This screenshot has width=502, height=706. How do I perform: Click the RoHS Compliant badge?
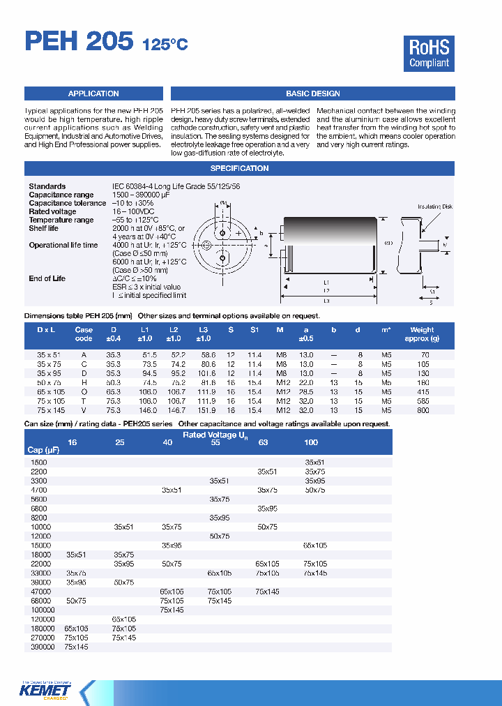point(429,54)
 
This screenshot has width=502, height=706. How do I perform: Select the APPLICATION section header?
point(93,93)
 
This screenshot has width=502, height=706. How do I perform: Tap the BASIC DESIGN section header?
point(312,93)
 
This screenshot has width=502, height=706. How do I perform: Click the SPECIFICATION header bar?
point(239,168)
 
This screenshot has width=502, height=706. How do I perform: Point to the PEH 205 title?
point(78,42)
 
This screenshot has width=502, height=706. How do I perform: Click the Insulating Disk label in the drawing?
point(434,207)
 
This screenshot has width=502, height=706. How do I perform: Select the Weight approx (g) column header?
point(422,334)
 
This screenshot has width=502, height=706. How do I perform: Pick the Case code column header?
point(84,334)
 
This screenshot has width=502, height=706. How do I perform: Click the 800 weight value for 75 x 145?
point(422,412)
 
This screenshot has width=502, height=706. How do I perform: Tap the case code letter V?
point(84,412)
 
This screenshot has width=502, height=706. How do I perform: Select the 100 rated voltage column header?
point(311,442)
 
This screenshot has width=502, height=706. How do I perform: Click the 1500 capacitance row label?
point(39,463)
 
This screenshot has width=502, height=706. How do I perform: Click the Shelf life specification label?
point(44,228)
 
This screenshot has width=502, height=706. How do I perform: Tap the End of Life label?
point(47,278)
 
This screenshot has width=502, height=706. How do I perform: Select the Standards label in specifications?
point(47,186)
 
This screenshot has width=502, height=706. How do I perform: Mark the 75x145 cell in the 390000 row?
point(76,647)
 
